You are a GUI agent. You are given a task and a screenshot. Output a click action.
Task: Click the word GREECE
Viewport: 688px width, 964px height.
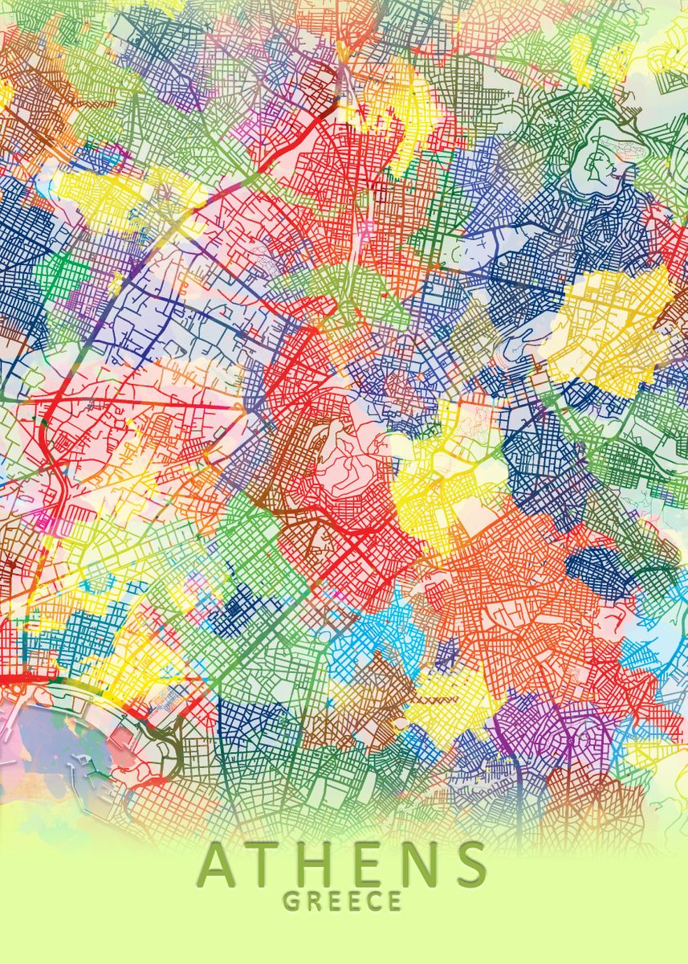(x=343, y=901)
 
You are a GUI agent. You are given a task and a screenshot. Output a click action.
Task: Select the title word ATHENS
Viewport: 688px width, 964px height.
(x=343, y=864)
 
